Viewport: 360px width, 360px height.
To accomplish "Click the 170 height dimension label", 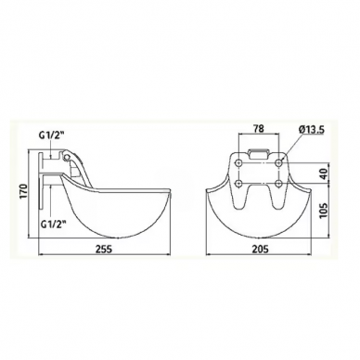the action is click(24, 192).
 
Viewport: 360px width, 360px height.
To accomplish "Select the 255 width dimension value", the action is click(104, 250).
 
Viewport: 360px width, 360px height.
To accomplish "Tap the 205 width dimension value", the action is click(260, 250).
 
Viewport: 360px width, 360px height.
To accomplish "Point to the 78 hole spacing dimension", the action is click(258, 129).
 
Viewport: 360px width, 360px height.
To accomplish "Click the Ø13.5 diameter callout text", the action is click(311, 130).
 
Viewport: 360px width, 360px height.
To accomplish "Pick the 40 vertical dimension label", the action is click(323, 174).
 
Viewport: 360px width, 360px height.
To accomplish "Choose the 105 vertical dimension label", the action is click(323, 211).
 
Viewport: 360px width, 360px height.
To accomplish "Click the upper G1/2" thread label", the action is click(52, 135).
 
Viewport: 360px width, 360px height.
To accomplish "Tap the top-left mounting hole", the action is click(238, 162).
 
